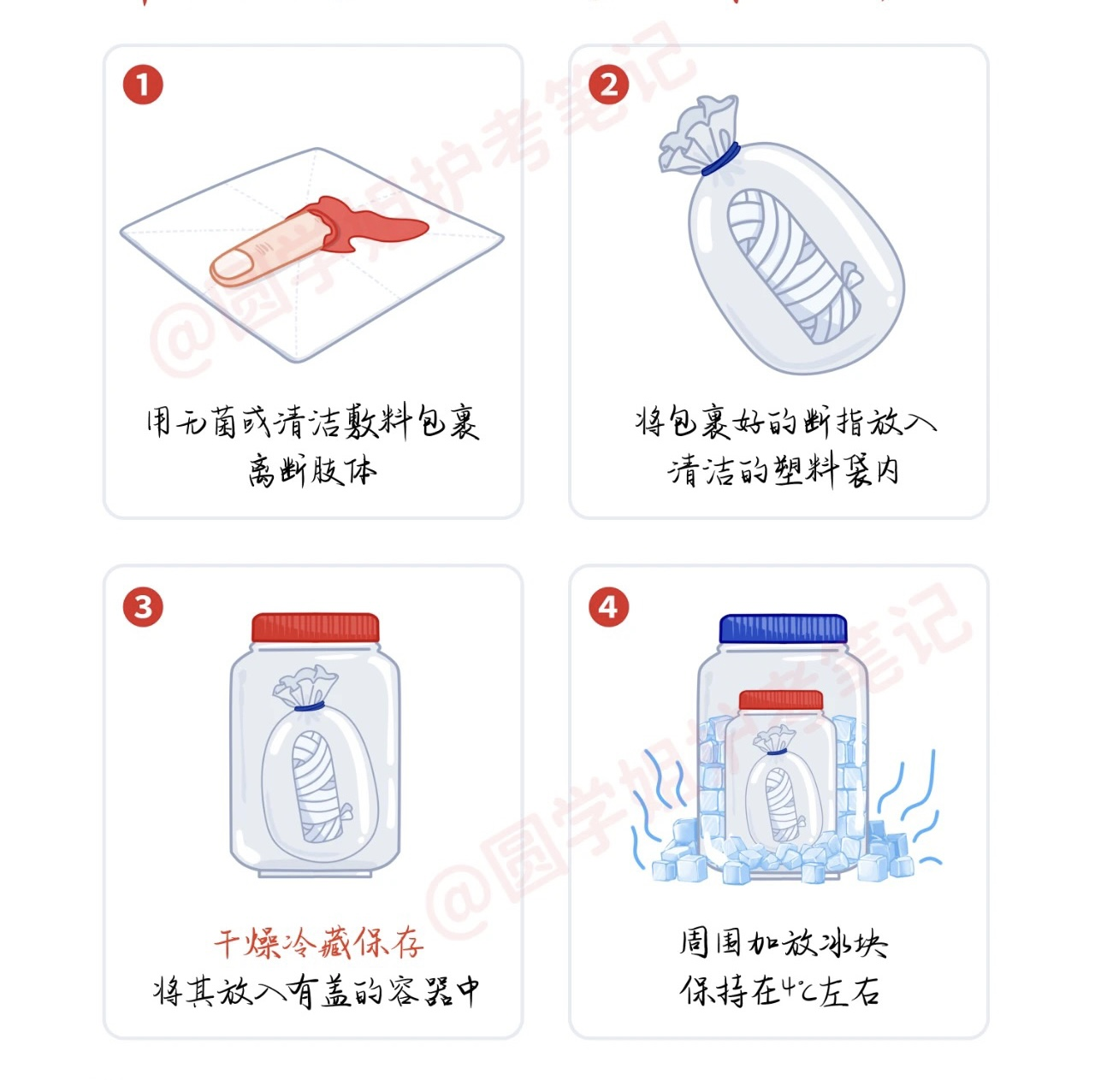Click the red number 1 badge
(x=143, y=85)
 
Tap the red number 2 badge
(x=608, y=85)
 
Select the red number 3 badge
(x=143, y=606)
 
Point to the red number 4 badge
(x=608, y=606)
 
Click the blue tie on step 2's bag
(x=720, y=158)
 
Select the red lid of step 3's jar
(x=316, y=628)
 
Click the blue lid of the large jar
(x=783, y=629)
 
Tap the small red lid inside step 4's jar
(x=781, y=700)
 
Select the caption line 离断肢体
(x=312, y=470)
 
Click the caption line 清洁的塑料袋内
(x=783, y=470)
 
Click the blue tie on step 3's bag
(x=310, y=706)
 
